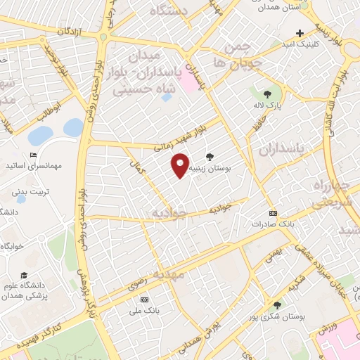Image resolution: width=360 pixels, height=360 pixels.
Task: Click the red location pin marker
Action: [x=180, y=166]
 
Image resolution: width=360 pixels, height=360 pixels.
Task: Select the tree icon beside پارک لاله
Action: [x=266, y=94]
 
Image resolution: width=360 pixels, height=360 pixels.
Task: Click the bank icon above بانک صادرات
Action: [x=273, y=213]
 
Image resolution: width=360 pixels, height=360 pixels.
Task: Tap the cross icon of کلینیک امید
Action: [x=300, y=33]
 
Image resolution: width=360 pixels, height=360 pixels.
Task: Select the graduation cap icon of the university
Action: [x=25, y=275]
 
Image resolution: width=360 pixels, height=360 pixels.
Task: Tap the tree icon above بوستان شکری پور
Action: [x=277, y=305]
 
